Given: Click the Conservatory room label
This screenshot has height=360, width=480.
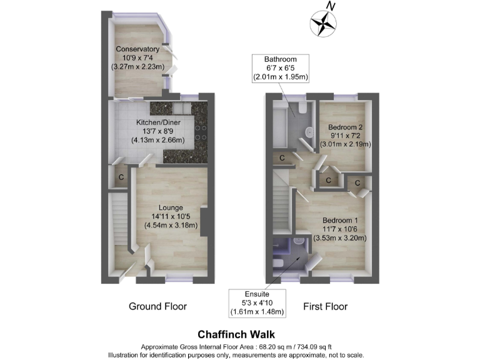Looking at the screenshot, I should (x=137, y=49).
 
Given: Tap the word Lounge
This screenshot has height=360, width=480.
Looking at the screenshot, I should (x=171, y=207).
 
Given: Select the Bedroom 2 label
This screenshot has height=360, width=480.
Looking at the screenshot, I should (x=346, y=127).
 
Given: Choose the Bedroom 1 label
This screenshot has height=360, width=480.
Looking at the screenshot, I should (x=341, y=221).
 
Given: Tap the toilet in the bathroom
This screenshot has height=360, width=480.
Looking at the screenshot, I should (x=301, y=110).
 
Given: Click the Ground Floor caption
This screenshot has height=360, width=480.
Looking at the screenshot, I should (x=157, y=306).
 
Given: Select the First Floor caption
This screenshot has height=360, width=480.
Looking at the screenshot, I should (x=325, y=306).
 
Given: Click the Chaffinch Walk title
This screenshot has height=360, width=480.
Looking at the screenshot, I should (x=236, y=334).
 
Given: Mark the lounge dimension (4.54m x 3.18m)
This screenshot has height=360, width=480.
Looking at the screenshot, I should (x=171, y=225).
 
